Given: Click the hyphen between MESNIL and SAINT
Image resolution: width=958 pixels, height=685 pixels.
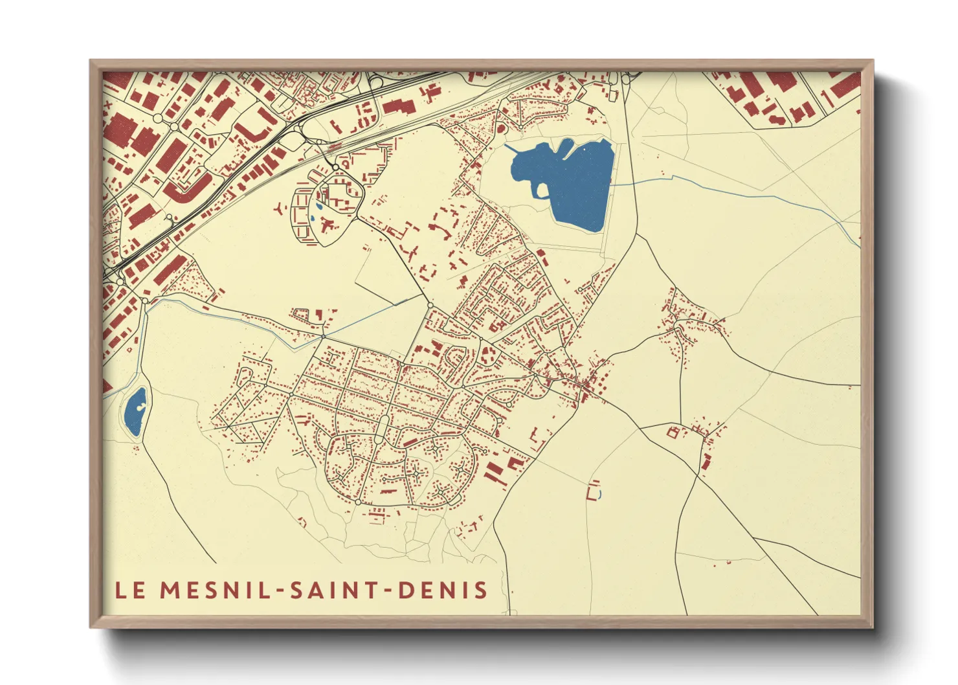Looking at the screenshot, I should [279, 590].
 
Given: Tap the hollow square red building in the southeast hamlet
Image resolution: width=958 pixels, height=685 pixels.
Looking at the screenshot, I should [672, 432].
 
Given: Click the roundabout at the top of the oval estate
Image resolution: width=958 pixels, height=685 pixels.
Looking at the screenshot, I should [335, 168].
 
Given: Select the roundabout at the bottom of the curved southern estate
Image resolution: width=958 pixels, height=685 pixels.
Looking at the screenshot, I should [358, 502].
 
